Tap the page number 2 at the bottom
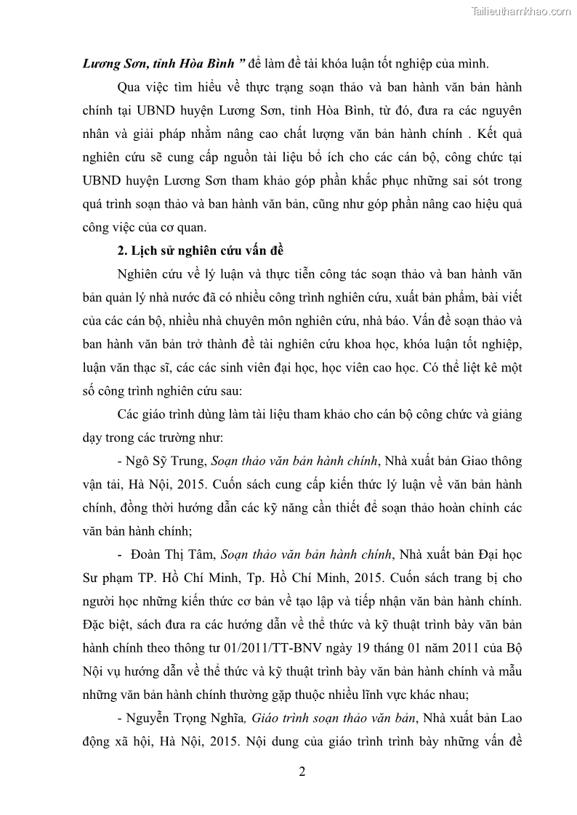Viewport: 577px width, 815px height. [x=302, y=771]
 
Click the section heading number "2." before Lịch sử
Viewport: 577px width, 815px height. [x=121, y=252]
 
